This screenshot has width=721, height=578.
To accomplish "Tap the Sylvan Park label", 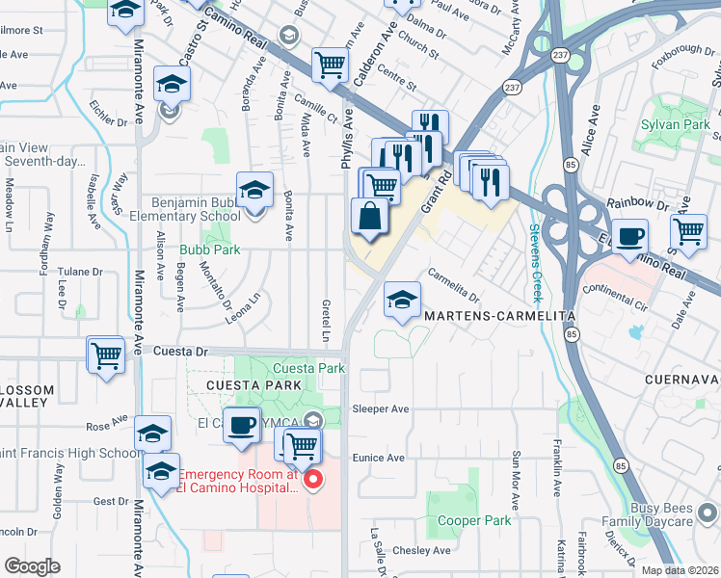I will tap(675, 124).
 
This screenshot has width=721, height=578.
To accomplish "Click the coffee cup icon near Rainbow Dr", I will tap(629, 236).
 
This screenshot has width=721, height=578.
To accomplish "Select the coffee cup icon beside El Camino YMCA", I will tap(242, 424).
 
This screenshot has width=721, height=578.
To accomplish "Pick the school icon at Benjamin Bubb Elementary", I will tap(254, 191).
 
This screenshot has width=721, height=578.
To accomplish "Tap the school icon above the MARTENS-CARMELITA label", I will tap(402, 300).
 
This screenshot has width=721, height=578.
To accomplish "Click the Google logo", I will tap(33, 566).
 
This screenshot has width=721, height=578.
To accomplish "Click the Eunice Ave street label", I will tap(378, 458).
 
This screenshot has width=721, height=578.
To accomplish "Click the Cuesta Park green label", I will tap(308, 369).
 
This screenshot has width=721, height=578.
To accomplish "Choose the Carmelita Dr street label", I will tap(453, 284).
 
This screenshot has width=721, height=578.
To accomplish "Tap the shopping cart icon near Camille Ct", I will tap(330, 65).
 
